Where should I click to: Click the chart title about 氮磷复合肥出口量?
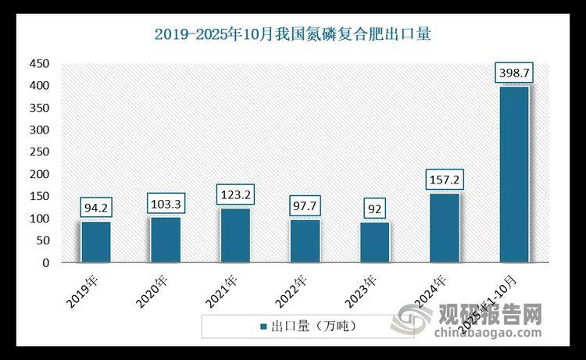point(293,34)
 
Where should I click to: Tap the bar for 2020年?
point(166,240)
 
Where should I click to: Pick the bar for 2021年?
point(235,236)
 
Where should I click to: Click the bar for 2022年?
point(305,241)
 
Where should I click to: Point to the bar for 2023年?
point(374,243)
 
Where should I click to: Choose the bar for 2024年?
point(444,228)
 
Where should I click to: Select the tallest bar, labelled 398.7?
point(513,175)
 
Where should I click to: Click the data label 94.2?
point(96,207)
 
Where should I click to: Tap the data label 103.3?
point(166,203)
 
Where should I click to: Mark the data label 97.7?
point(305,205)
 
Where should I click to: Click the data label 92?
point(374,208)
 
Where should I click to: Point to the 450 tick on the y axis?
point(38,63)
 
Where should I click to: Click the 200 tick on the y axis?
point(38,174)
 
